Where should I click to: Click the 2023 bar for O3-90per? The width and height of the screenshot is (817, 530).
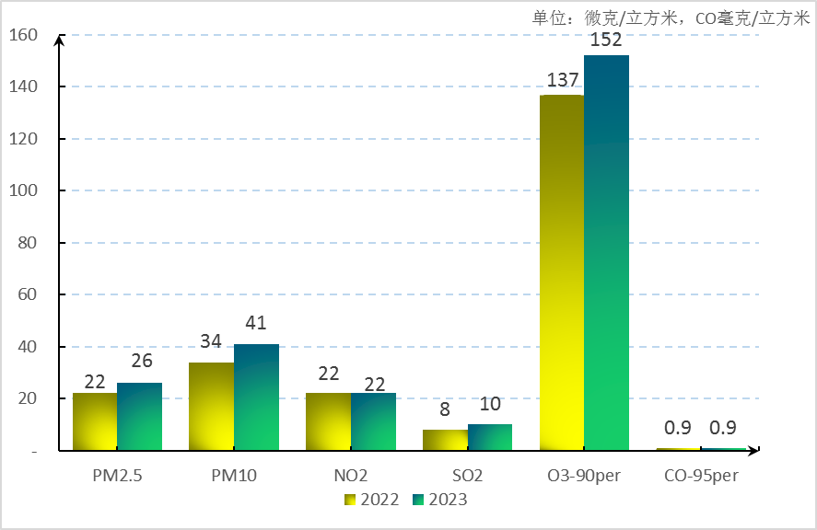[x=606, y=253]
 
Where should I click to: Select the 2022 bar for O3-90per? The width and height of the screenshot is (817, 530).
[x=562, y=272]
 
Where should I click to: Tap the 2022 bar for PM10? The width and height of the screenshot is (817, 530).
[x=211, y=406]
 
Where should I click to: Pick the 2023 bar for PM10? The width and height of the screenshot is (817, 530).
[x=256, y=397]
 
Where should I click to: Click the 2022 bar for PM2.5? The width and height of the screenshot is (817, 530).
[x=95, y=421]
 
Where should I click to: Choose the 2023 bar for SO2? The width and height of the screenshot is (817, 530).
[x=490, y=437]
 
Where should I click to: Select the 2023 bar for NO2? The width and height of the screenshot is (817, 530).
[x=373, y=421]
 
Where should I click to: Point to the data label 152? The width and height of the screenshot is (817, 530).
[x=606, y=40]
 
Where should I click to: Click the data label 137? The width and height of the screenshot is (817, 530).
[x=562, y=80]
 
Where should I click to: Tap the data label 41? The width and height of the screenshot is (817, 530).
[x=256, y=323]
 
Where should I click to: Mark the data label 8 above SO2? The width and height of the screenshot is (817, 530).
[x=445, y=409]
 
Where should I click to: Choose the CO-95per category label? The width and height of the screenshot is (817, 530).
[x=701, y=477]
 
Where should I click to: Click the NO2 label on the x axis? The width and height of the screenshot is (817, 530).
[x=351, y=477]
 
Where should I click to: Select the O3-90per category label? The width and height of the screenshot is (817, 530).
[x=584, y=477]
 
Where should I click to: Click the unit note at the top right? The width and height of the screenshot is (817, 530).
[x=671, y=17]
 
